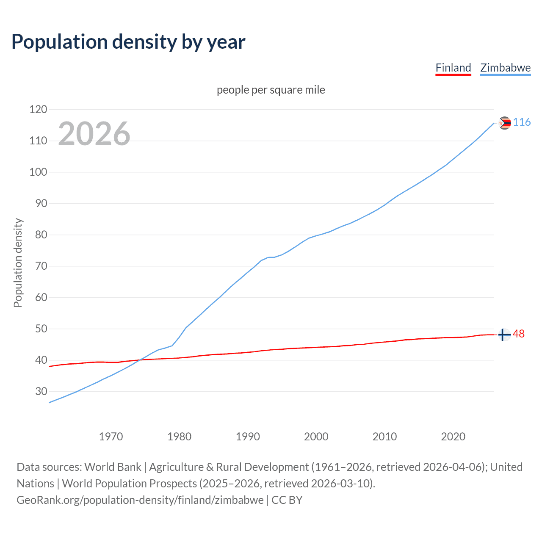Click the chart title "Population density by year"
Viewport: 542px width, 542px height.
(128, 41)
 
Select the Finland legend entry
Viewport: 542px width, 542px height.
(453, 68)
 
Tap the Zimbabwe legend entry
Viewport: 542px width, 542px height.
(505, 68)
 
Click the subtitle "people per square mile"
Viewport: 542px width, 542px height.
(271, 90)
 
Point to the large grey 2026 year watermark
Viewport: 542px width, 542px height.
(94, 134)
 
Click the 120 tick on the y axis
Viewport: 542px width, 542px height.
(38, 109)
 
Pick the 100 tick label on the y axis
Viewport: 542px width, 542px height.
(38, 172)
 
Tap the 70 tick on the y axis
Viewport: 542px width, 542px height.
(41, 266)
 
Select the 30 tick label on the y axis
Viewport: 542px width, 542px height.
(41, 391)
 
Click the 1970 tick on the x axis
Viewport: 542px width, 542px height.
(111, 437)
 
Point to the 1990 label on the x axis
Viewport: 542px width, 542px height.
(248, 437)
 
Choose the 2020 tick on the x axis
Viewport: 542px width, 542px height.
(453, 437)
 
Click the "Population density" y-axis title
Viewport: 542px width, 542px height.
(18, 263)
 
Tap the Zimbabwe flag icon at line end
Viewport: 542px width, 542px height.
(505, 123)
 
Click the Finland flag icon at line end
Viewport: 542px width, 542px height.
(504, 335)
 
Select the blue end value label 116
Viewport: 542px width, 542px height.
(522, 122)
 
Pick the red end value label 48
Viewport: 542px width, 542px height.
(519, 334)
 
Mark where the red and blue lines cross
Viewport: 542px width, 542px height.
(140, 360)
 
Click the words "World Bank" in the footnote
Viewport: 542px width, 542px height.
(113, 467)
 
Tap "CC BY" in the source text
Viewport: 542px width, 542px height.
(287, 500)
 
